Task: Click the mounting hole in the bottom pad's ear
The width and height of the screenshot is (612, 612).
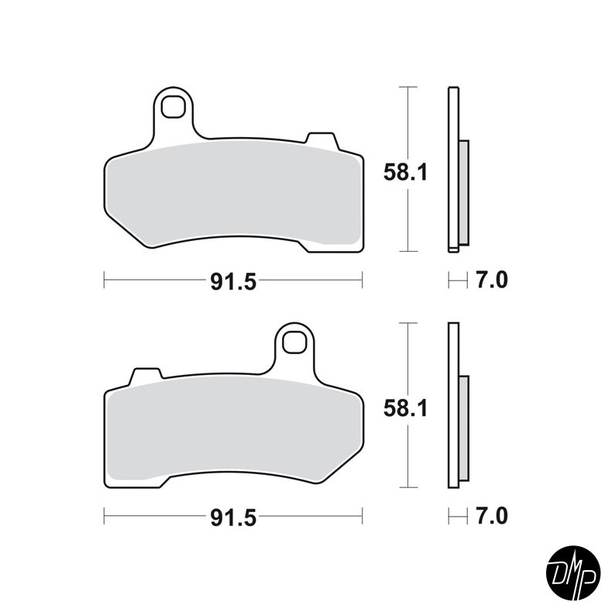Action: (x=295, y=340)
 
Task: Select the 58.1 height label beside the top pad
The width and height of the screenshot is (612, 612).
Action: (x=405, y=174)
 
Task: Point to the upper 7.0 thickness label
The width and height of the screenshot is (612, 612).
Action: (x=490, y=280)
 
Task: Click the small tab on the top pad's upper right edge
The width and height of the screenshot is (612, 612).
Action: (x=321, y=139)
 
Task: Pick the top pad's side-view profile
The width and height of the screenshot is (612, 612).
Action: (x=453, y=170)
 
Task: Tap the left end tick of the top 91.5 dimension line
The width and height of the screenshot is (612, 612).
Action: (x=105, y=280)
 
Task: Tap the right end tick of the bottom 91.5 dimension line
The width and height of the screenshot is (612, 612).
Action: (x=362, y=515)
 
